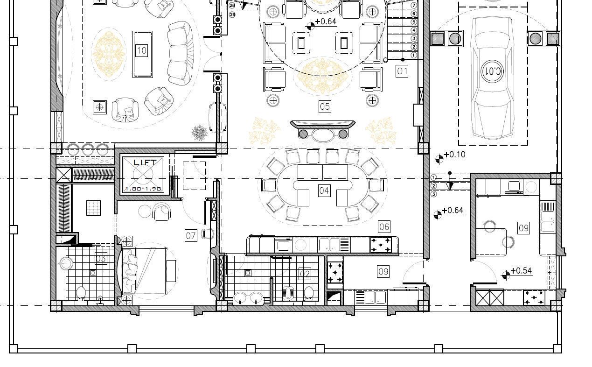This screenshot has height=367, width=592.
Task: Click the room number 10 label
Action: tap(141, 50)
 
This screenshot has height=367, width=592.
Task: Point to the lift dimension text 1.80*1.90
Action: tap(143, 189)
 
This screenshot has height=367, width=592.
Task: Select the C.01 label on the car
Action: tap(493, 71)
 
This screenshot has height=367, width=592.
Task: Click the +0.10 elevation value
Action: tap(455, 155)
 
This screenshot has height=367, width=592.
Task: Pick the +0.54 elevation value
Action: tap(521, 271)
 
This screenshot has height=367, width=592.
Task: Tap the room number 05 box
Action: tap(325, 106)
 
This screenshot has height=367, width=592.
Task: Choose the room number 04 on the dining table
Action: tap(324, 191)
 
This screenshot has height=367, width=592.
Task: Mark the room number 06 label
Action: tap(384, 227)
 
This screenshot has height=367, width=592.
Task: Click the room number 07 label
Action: tap(191, 235)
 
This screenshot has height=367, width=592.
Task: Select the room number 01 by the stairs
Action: tap(402, 71)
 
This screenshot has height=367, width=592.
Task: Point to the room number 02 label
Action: tap(304, 274)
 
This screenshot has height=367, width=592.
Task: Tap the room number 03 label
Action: tap(101, 258)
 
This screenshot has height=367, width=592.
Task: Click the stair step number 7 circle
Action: tap(413, 5)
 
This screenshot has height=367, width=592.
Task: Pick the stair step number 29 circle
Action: tap(232, 15)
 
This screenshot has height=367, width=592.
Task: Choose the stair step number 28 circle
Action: tap(232, 6)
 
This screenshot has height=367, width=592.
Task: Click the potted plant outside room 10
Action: tap(200, 133)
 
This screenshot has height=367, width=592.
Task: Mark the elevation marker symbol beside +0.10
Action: tap(439, 160)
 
